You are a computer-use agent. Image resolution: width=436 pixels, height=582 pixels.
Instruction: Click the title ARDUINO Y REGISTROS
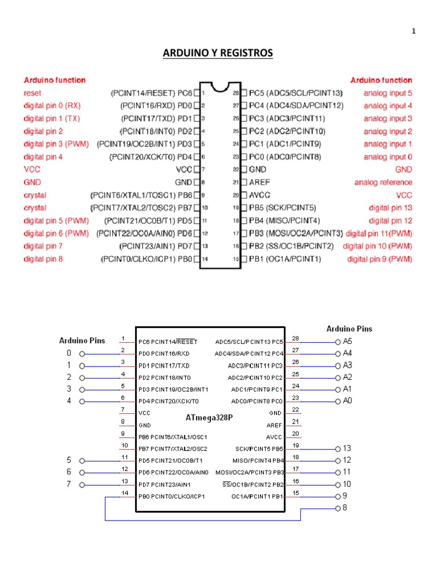tap(218, 53)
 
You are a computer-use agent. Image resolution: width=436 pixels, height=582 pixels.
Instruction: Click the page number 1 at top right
tap(414, 31)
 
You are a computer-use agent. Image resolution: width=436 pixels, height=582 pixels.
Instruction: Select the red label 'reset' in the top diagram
tap(32, 93)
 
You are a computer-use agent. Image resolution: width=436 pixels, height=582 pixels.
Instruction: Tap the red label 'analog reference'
tap(383, 182)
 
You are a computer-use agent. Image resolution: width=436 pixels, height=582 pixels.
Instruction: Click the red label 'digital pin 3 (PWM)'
tap(56, 144)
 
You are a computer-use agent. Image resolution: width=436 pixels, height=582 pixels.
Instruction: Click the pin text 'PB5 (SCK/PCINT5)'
tap(283, 208)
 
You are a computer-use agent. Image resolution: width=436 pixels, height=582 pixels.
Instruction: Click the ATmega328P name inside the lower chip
tap(209, 417)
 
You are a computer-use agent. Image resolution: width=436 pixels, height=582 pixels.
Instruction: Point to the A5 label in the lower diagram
tap(347, 342)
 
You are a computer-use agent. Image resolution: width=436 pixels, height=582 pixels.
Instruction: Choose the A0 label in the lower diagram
tap(347, 401)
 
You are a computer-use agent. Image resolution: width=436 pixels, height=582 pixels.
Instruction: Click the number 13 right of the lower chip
tap(347, 448)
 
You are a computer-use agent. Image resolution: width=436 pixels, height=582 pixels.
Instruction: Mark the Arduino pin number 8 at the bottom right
tap(345, 508)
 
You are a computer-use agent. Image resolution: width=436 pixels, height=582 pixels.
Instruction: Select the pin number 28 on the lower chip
tap(295, 339)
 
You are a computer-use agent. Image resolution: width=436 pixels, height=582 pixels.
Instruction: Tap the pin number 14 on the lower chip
tap(125, 493)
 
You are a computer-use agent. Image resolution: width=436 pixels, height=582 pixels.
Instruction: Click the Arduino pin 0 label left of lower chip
tap(69, 353)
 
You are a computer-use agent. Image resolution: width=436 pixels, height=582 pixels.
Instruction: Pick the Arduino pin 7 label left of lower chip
tap(69, 484)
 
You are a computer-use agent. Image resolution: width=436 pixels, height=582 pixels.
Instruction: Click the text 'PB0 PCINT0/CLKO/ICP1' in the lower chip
tap(171, 496)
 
